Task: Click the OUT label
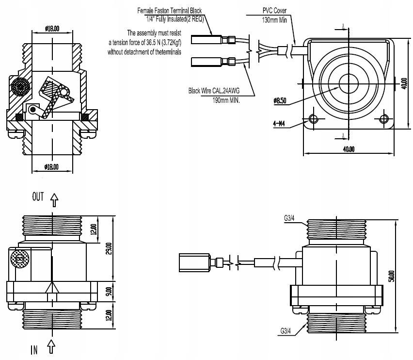(x=38, y=196)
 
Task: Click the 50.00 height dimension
(x=391, y=276)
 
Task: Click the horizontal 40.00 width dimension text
(x=348, y=149)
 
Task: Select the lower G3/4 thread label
(x=286, y=331)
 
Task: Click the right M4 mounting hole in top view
(x=384, y=119)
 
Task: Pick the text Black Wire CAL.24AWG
(x=215, y=90)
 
